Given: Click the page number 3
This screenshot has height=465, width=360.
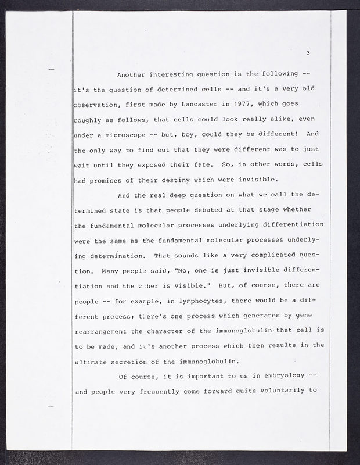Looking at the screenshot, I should (x=309, y=54).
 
